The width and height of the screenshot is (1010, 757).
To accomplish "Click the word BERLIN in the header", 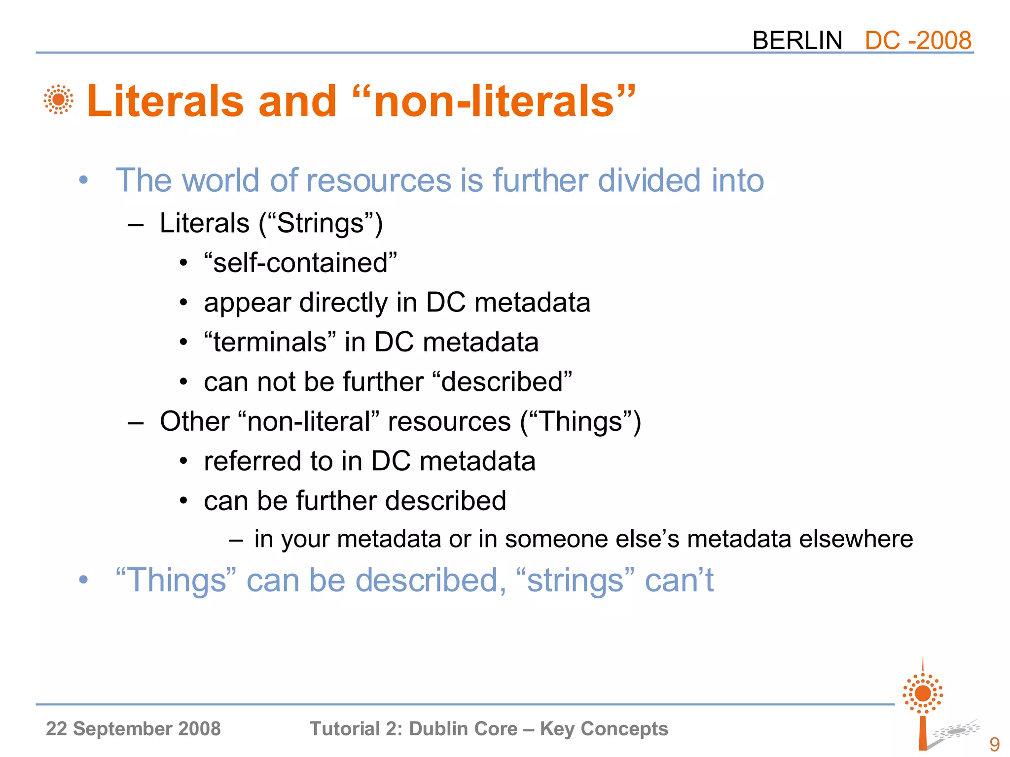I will pos(797,40).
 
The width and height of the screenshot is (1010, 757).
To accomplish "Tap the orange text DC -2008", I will pos(918,40).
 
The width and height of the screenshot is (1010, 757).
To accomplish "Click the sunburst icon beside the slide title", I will pos(58,100).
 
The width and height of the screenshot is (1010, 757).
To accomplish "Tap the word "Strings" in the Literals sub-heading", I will pos(320,223).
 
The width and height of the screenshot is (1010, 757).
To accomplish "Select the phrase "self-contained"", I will pos(300,263).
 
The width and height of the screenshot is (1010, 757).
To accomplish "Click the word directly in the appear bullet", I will pos(344,303).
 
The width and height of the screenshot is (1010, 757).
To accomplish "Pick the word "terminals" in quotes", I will pos(270,342).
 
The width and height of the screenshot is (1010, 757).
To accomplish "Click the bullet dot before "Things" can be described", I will pos(83,580).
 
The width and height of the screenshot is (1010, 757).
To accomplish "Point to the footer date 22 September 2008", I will pos(133,728).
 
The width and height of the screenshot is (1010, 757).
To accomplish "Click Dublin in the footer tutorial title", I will pos(438,728).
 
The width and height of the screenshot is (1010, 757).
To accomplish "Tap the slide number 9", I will pos(994,744).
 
